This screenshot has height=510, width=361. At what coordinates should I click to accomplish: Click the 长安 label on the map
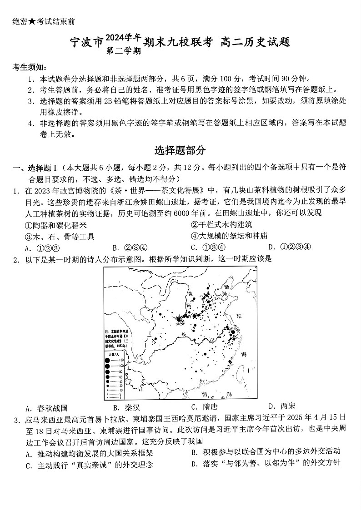tap(180, 323)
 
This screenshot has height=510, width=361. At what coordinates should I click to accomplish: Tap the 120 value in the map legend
tap(121, 360)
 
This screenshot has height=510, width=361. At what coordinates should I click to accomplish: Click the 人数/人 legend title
tap(113, 354)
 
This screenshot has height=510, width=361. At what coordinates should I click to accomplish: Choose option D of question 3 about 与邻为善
tap(266, 463)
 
